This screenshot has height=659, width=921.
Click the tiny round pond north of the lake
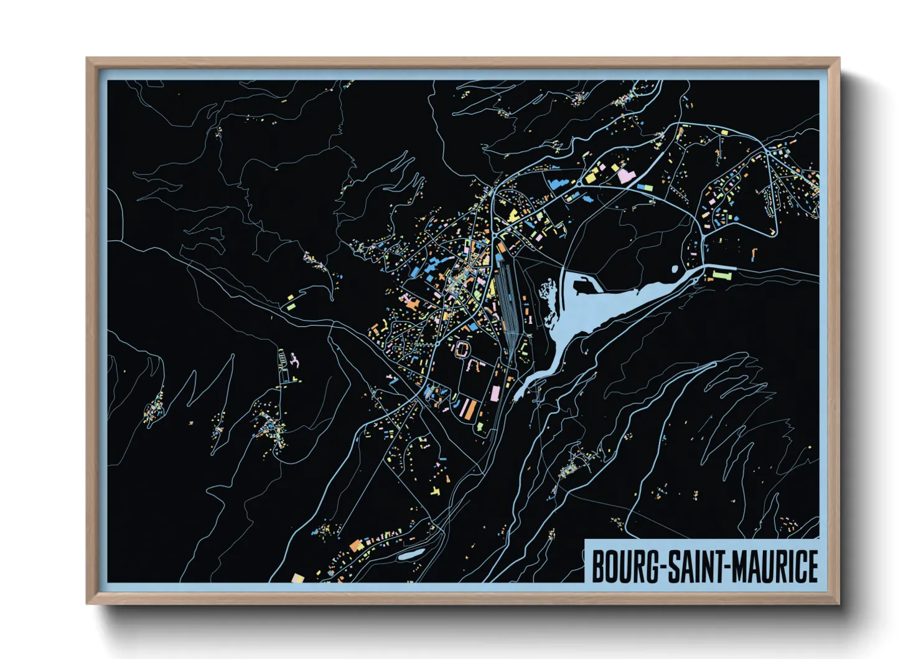coord(675,269)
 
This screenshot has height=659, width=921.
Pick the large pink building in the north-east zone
coord(625,176)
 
